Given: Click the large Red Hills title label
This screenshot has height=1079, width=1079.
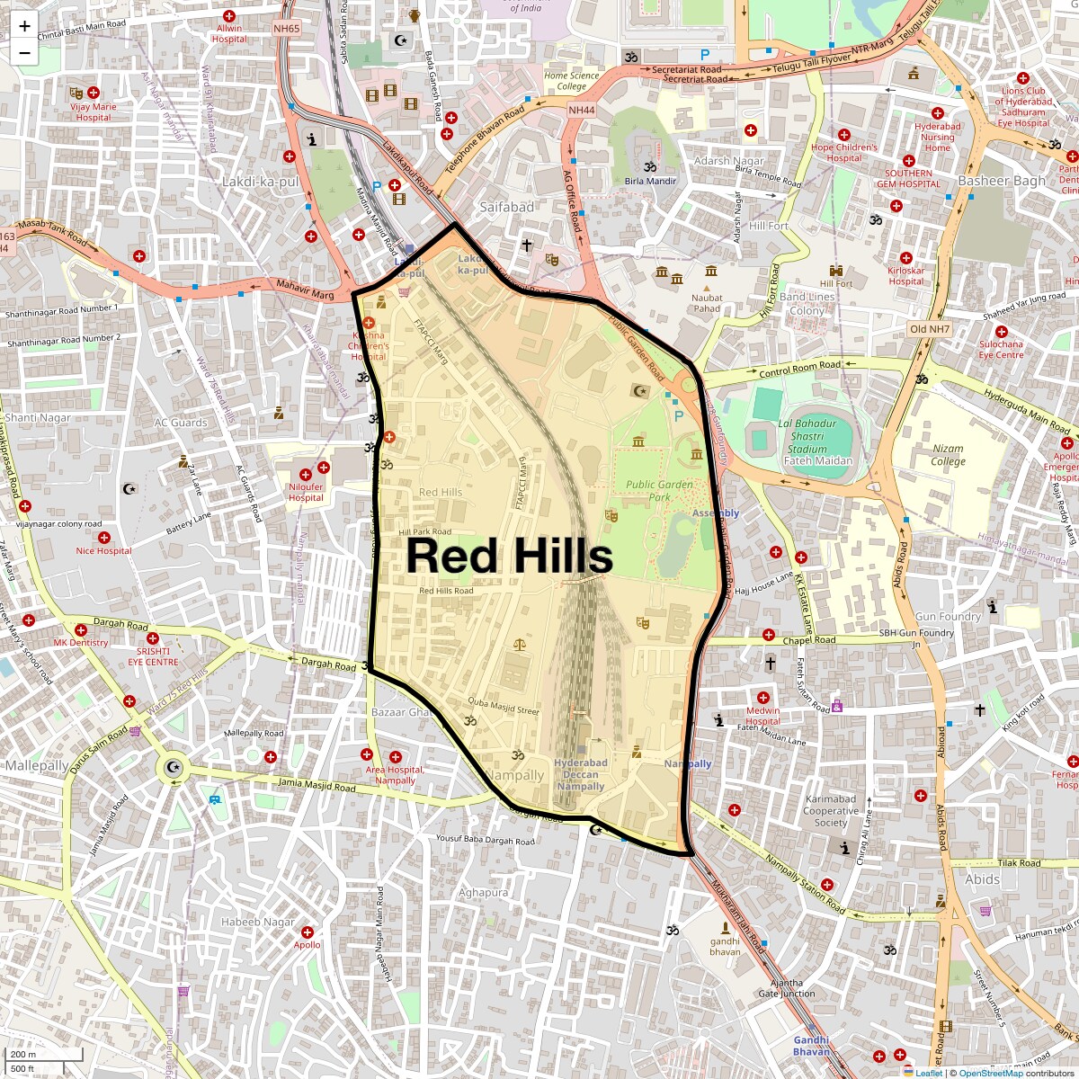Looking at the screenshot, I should (x=509, y=556).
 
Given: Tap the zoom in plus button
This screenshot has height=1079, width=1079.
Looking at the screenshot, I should (x=24, y=26).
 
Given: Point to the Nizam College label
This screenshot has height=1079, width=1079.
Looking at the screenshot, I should (x=948, y=454).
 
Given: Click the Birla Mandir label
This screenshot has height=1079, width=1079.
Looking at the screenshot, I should (x=650, y=181).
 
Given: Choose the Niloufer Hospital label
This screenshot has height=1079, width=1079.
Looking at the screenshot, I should (x=306, y=492).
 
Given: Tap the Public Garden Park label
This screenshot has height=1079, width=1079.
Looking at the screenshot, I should (x=660, y=490).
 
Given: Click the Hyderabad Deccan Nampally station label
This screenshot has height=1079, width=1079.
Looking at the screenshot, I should (x=580, y=774).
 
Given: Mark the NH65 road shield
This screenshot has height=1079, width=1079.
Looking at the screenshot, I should (x=286, y=29).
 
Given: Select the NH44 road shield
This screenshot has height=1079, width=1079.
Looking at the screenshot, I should (x=582, y=110).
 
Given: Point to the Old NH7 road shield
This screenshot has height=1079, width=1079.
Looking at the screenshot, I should (x=930, y=329).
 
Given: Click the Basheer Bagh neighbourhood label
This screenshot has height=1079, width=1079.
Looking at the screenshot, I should (x=1002, y=181).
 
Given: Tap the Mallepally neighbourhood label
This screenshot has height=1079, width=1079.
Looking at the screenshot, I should (x=37, y=765).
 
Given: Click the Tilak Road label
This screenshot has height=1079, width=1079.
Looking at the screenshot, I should (x=1018, y=863).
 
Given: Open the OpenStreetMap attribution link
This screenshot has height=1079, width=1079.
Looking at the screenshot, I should (x=990, y=1073).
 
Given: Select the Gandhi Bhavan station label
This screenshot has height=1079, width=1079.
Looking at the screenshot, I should (x=811, y=1046).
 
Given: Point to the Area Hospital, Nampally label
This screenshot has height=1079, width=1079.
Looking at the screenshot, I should (x=395, y=775).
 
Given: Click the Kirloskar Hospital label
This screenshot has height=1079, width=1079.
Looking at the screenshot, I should (x=905, y=275).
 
